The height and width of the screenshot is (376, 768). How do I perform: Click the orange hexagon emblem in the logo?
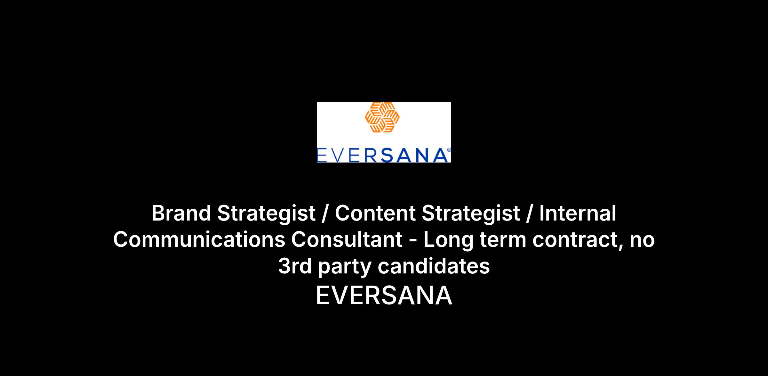(382, 117)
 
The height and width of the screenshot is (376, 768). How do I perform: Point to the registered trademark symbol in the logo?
(449, 150)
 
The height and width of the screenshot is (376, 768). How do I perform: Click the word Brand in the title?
(181, 213)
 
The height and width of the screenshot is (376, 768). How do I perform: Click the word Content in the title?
(375, 213)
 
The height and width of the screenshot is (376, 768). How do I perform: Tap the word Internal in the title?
(578, 213)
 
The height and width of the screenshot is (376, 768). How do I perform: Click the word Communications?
(199, 240)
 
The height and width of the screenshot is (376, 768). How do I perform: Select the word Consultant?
(347, 240)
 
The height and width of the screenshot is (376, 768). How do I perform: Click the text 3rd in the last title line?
(295, 266)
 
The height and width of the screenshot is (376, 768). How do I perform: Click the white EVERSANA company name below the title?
(384, 296)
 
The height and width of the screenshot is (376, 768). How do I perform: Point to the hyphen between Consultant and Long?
(413, 241)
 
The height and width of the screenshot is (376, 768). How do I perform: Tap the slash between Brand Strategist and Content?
(325, 213)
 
